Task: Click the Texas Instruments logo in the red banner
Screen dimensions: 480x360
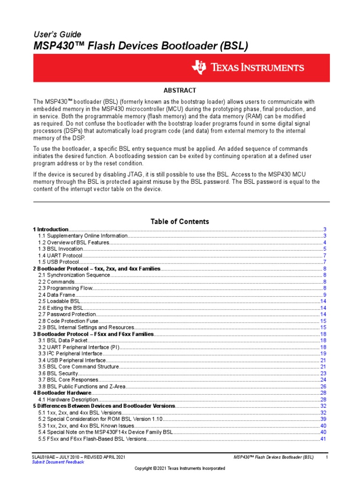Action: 247,67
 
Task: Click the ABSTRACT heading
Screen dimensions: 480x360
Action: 180,90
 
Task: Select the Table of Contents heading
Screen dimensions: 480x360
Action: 180,221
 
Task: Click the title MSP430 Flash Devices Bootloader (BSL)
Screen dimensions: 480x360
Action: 140,46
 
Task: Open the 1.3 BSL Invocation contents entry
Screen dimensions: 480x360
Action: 60,249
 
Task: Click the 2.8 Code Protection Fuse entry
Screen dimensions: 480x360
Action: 68,321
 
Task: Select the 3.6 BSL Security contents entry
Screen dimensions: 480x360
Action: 58,373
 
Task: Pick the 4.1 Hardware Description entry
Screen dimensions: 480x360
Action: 68,399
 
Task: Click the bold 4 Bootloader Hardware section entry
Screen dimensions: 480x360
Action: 62,392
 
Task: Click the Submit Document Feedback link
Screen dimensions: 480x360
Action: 58,462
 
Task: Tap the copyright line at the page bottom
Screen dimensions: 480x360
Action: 180,468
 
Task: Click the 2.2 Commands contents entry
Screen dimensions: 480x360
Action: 56,282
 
